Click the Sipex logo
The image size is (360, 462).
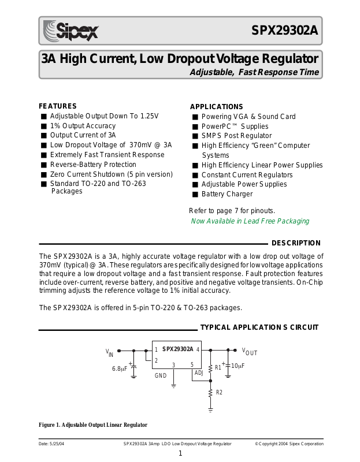(70, 30)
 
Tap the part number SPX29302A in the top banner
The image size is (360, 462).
(284, 31)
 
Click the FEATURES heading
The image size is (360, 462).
(58, 106)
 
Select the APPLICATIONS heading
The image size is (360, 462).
(216, 107)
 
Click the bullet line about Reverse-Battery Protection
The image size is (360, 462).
(93, 165)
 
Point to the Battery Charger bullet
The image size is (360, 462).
(227, 194)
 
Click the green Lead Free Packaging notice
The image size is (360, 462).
(250, 221)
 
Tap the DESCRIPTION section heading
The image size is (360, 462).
(296, 243)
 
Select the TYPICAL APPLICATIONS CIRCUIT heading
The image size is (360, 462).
(259, 327)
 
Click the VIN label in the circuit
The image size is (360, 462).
(109, 352)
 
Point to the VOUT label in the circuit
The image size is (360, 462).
(250, 352)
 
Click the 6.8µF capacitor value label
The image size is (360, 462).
(120, 368)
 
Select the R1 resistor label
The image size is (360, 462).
(218, 367)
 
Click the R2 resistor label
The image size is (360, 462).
(218, 393)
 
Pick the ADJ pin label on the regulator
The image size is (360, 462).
(198, 373)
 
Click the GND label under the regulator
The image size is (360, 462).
(160, 375)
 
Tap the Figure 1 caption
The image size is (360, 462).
(93, 425)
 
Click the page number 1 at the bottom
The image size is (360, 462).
(180, 453)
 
